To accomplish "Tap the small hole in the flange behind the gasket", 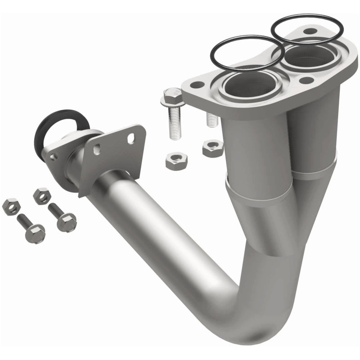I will click(54, 157).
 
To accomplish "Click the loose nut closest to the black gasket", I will click(41, 195).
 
